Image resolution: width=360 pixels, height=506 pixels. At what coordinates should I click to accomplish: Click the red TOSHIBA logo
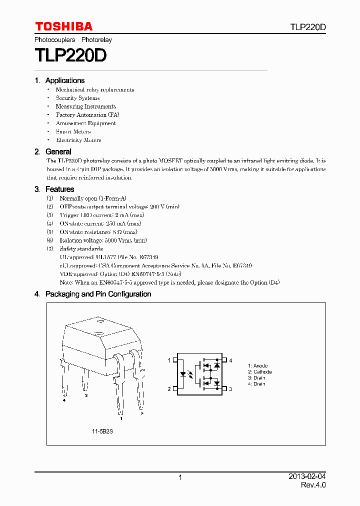click(x=63, y=26)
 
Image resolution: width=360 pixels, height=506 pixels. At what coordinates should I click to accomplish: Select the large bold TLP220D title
click(x=70, y=55)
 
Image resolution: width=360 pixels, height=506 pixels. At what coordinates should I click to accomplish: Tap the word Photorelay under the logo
click(x=96, y=39)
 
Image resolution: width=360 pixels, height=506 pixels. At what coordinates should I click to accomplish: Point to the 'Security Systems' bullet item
click(x=77, y=98)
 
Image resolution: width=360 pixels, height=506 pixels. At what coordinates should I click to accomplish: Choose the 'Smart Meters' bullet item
click(x=73, y=131)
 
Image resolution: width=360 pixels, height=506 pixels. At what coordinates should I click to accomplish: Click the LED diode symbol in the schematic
click(x=184, y=374)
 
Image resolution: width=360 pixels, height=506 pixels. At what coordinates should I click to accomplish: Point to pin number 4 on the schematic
click(x=230, y=360)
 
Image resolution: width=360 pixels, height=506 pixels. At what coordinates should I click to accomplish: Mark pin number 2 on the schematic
click(x=169, y=389)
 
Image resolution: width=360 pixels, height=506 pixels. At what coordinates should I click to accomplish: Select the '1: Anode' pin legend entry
click(x=257, y=366)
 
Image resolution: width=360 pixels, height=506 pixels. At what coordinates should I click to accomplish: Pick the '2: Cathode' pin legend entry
click(x=259, y=372)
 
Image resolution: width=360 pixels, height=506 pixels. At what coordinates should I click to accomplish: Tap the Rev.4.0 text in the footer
click(x=313, y=485)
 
